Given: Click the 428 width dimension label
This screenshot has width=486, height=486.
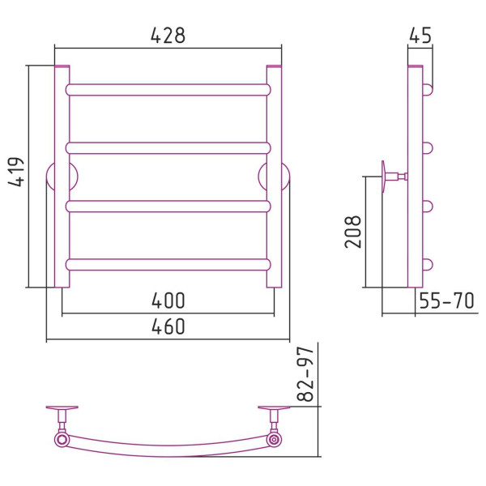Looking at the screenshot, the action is (168, 36).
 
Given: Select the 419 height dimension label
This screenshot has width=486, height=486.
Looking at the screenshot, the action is (16, 172).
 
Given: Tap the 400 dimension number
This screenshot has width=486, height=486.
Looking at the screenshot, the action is (168, 301).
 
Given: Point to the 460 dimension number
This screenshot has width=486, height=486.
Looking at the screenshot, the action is (168, 326).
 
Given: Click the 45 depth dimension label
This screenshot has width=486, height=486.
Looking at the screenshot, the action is (420, 36).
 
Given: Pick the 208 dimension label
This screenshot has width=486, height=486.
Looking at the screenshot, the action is (352, 232).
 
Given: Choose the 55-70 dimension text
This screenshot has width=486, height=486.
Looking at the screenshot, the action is (446, 301).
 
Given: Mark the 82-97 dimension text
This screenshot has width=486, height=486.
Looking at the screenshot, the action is (305, 374).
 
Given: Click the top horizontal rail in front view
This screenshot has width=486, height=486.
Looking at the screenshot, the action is (168, 90).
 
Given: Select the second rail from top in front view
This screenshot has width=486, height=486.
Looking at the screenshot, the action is (168, 148).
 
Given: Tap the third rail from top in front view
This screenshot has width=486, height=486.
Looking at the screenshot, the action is (168, 207).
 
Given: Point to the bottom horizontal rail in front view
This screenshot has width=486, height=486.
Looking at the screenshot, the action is (168, 265).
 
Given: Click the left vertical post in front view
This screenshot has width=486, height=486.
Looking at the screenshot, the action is (62, 177).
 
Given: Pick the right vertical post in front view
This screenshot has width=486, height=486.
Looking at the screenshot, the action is (274, 177).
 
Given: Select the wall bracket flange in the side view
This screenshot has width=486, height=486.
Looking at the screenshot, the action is (384, 177).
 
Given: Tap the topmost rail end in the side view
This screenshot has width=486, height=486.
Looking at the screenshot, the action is (428, 90).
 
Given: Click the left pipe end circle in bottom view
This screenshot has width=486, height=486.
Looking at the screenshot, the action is (62, 440).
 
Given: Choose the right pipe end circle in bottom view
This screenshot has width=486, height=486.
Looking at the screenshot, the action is (274, 440).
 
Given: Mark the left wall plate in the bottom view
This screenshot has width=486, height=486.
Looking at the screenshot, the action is (62, 407).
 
